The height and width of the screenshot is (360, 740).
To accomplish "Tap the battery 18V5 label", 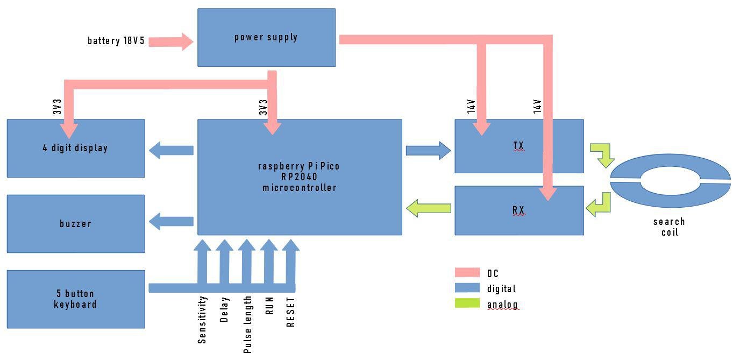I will point(116,41).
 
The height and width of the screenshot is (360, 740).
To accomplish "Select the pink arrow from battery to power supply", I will point(171,41).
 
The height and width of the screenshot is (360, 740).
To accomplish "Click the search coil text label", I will point(670,227).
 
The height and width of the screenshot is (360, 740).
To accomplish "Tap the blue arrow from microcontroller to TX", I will point(428,151).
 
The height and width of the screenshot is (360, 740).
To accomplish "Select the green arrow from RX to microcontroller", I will point(429,208).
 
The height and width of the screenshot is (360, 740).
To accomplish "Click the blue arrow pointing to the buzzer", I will point(170,221).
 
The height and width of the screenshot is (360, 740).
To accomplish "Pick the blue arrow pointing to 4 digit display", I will point(170,150).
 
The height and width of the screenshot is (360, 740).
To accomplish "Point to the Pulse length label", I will point(247,324).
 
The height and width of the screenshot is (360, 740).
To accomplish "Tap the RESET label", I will point(291,312).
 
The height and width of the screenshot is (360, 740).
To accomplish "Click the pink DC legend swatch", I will point(467,273).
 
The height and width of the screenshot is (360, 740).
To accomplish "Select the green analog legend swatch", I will point(467,303).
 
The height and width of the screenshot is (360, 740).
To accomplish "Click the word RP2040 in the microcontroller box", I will point(299,177).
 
